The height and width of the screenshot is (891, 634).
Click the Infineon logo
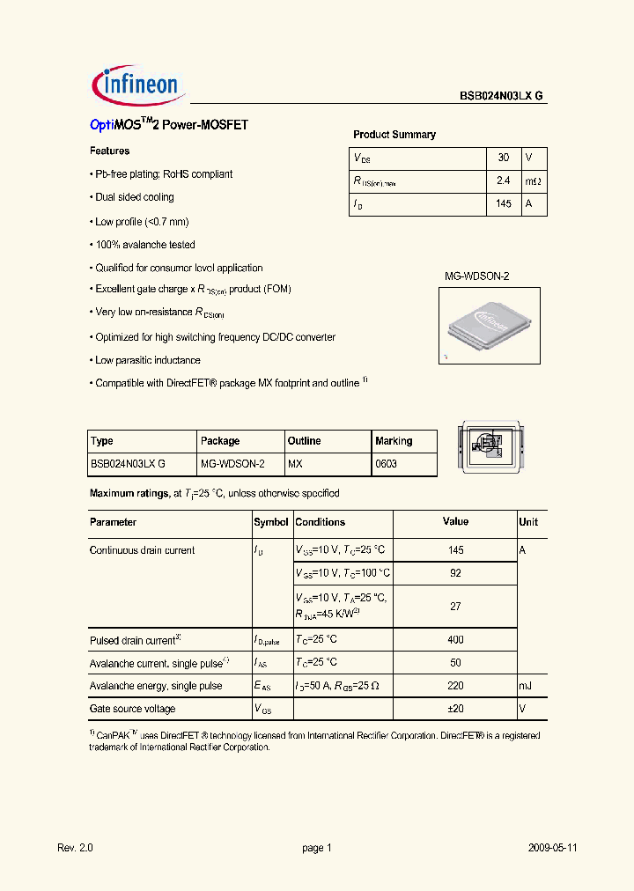tap(137, 85)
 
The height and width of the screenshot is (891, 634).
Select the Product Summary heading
tap(394, 135)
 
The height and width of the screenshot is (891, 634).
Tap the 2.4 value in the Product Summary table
tap(503, 180)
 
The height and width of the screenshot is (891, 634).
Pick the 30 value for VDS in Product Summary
tap(503, 158)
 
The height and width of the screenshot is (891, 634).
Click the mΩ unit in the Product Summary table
tap(534, 180)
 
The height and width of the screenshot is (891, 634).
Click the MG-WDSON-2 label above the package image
tap(475, 276)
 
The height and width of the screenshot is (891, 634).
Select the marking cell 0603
tap(386, 463)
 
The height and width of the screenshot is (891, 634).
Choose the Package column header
tap(220, 441)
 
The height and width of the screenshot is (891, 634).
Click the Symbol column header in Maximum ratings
tap(271, 522)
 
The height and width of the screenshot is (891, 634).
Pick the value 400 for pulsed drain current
tap(455, 640)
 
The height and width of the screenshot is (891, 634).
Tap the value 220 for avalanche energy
tap(455, 686)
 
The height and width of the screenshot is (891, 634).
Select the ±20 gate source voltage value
tap(455, 709)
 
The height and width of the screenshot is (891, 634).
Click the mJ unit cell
tap(526, 686)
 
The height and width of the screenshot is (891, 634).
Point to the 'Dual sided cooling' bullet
tap(134, 197)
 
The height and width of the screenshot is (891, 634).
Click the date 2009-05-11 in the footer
tap(552, 848)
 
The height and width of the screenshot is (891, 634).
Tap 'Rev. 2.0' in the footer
tap(75, 848)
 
